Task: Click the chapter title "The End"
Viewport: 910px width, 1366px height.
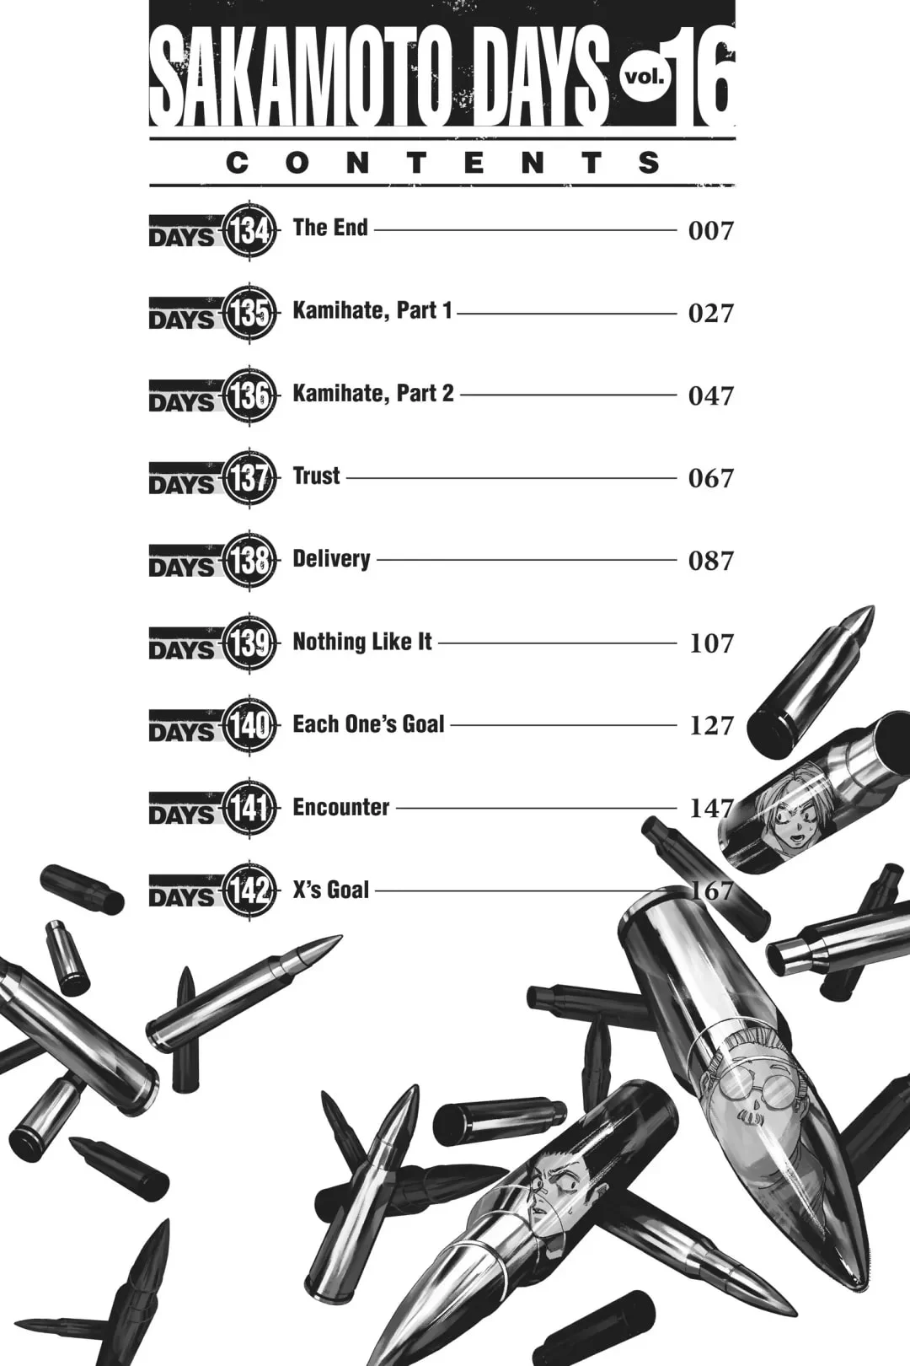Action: click(330, 228)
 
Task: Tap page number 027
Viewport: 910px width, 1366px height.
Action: click(711, 313)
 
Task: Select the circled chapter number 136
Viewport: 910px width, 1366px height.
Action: click(249, 395)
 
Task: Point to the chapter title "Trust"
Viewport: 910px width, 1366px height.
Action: click(316, 476)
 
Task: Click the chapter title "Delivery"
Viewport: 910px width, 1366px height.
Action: click(331, 558)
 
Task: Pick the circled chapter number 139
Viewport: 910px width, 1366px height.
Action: click(249, 643)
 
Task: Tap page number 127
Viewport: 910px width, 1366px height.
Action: click(711, 725)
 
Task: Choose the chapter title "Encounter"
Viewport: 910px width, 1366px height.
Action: click(340, 807)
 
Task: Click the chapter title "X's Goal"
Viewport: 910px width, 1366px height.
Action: click(331, 890)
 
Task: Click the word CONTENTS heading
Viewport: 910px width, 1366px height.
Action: click(442, 163)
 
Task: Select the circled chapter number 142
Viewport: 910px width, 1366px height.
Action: click(249, 890)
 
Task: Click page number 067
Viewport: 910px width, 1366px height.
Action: click(711, 478)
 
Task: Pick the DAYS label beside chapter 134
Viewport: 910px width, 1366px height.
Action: click(181, 232)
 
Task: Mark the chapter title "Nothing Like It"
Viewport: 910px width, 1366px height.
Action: click(362, 642)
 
